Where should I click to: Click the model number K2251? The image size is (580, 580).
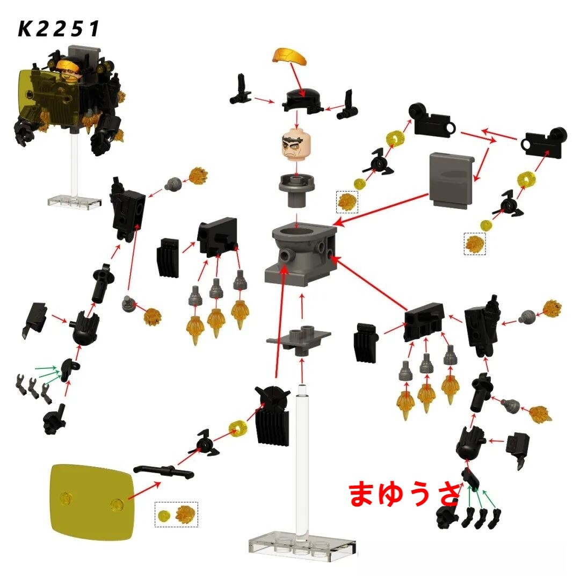[59, 29]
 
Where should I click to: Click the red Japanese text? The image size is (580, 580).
[403, 494]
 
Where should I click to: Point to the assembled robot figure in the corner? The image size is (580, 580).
[70, 99]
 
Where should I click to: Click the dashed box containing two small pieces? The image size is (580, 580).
[176, 514]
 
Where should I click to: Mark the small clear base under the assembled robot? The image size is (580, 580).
[74, 200]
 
